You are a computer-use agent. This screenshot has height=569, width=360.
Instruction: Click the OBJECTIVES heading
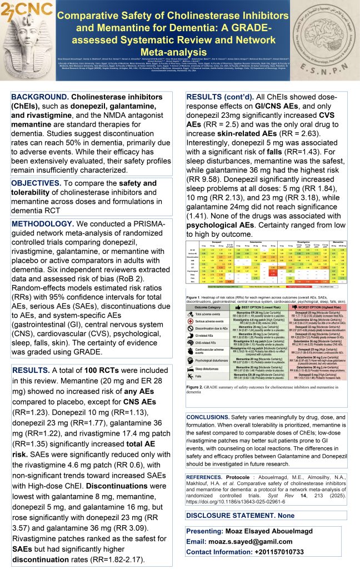35,183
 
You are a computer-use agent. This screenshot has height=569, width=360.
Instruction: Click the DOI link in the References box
234,505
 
